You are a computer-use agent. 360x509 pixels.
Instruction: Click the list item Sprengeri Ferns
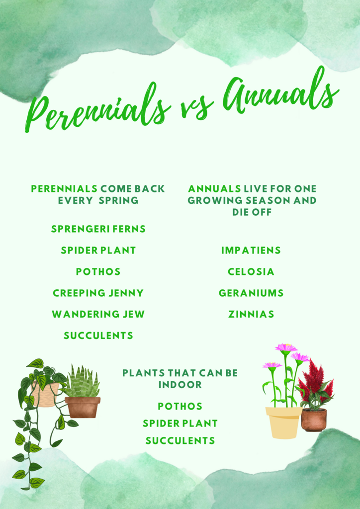pyautogui.click(x=98, y=229)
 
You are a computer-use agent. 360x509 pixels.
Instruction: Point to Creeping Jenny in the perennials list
pyautogui.click(x=98, y=293)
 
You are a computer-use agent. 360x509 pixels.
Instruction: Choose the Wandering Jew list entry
pyautogui.click(x=98, y=314)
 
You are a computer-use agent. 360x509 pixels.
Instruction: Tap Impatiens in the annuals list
pyautogui.click(x=251, y=251)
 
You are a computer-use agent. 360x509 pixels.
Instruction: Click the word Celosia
pyautogui.click(x=251, y=272)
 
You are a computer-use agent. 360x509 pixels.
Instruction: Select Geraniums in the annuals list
pyautogui.click(x=251, y=293)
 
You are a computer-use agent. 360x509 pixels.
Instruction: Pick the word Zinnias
pyautogui.click(x=251, y=314)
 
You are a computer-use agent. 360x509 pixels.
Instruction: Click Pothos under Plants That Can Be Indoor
pyautogui.click(x=180, y=406)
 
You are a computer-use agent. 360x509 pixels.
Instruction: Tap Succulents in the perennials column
pyautogui.click(x=98, y=336)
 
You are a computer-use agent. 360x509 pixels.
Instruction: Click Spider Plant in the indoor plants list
pyautogui.click(x=180, y=424)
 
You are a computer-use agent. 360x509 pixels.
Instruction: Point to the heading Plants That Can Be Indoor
pyautogui.click(x=180, y=379)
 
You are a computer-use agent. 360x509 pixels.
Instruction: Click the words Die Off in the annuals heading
pyautogui.click(x=252, y=212)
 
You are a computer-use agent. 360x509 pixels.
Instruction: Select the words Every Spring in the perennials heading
pyautogui.click(x=98, y=200)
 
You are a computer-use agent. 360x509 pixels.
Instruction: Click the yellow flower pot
pyautogui.click(x=283, y=423)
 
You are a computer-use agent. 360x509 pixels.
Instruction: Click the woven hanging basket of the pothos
pyautogui.click(x=45, y=394)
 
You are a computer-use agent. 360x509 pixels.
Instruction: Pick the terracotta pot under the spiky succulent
pyautogui.click(x=83, y=408)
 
